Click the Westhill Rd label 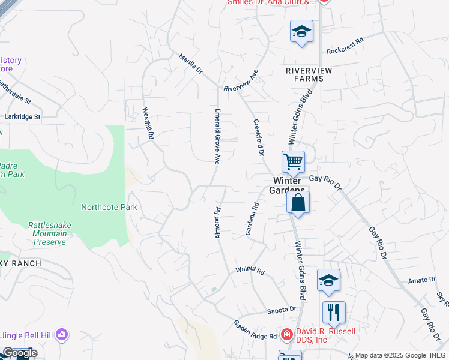coord(148,124)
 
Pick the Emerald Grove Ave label coord(218,136)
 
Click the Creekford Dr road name coord(258,140)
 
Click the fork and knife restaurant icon coord(334,313)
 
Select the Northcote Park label coord(109,208)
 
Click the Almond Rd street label coord(218,222)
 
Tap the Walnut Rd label coord(250,271)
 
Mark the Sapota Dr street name coord(282,310)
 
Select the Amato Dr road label coord(421,280)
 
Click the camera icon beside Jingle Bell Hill coord(62,334)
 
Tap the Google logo coord(20,353)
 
